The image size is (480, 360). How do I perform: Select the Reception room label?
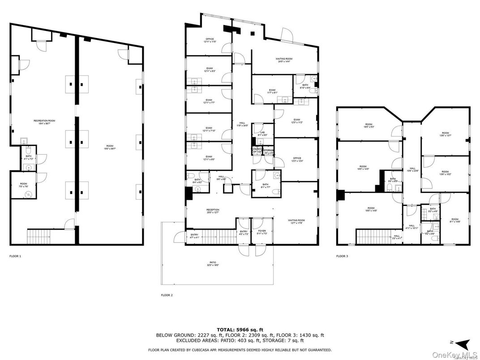click(213, 211)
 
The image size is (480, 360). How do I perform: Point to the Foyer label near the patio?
click(261, 232)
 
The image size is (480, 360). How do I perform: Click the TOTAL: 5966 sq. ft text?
click(240, 329)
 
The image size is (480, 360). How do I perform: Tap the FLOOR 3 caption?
click(342, 256)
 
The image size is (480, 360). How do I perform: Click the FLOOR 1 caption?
click(15, 256)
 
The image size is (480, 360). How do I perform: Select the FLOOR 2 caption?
click(167, 295)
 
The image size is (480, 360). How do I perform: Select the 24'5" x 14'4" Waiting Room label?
click(283, 60)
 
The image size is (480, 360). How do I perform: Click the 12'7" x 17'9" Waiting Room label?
click(296, 222)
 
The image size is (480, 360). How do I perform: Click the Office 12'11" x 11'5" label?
click(210, 40)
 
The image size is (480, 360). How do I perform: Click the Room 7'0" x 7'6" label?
click(23, 185)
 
